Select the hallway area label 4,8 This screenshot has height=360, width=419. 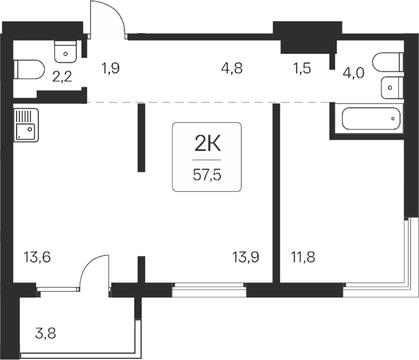point(231,69)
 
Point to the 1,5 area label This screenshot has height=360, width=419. point(302,69)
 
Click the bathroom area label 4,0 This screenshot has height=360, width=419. point(353,73)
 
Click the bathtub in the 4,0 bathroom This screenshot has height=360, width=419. point(371,118)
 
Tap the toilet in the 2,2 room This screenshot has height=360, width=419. point(29,70)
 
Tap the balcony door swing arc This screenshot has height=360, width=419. point(93,270)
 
